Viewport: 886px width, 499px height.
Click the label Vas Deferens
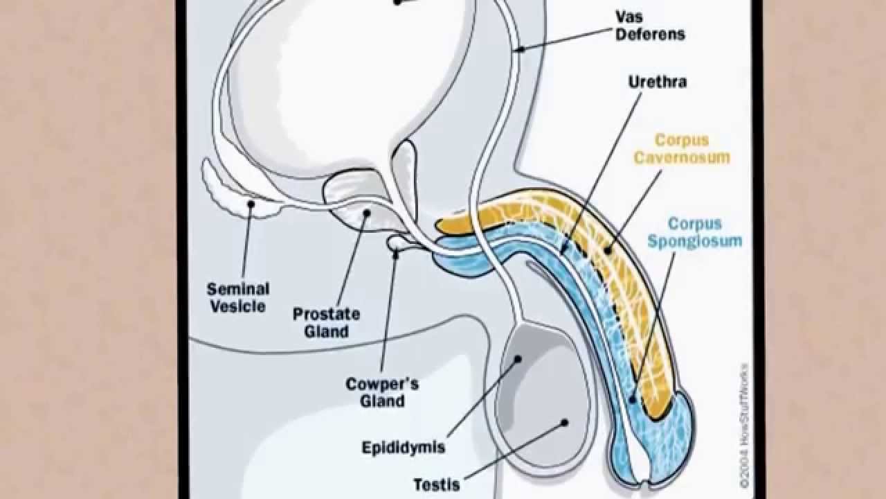tap(650, 25)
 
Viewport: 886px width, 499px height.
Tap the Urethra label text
tap(657, 82)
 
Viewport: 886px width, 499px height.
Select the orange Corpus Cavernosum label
tap(681, 148)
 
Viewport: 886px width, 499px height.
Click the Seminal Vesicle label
tap(239, 297)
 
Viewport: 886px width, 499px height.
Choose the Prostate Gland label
tap(326, 322)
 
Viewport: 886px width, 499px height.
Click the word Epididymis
tap(403, 448)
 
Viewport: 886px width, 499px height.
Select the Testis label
tap(436, 484)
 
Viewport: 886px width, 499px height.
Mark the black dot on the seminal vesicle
tap(252, 204)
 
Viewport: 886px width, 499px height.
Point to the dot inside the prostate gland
tap(366, 213)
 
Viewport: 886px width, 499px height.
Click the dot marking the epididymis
tap(518, 359)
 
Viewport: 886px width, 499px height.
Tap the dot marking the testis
tap(564, 421)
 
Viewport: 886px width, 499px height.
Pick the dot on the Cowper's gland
tap(397, 254)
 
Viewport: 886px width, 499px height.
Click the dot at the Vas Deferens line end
tap(521, 49)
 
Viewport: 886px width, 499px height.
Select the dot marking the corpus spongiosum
tap(633, 399)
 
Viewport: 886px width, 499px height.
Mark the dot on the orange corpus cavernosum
tap(607, 249)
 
